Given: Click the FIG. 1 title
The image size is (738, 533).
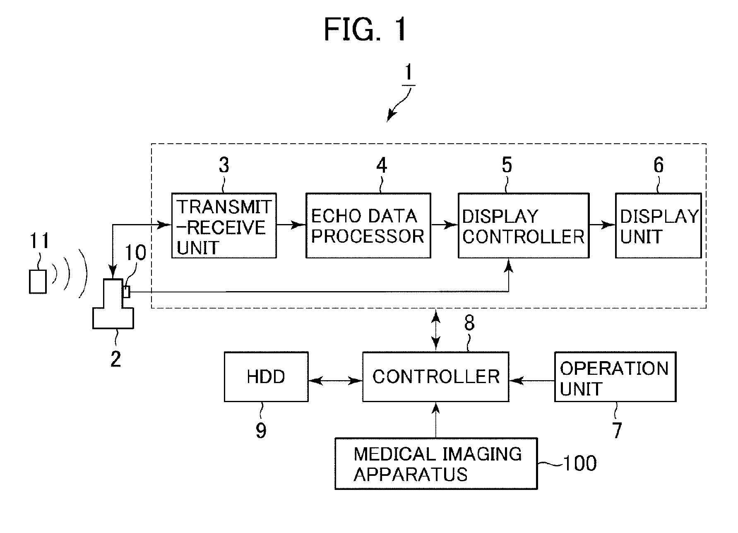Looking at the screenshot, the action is point(365,30).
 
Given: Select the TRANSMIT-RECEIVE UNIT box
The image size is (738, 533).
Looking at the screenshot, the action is point(224,226).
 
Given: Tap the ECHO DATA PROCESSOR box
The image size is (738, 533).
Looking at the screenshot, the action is point(368,226).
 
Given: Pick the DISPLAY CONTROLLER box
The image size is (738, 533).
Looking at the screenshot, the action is point(523,226).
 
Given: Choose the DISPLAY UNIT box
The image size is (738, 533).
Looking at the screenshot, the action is point(658,226).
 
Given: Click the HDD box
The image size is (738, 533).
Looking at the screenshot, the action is point(266,377).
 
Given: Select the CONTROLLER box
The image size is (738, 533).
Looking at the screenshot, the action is point(435,377).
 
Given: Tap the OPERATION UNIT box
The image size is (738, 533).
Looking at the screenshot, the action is point(615,377).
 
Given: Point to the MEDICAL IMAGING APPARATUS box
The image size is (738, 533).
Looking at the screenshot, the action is point(436,464).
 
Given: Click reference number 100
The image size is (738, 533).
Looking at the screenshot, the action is point(580,463).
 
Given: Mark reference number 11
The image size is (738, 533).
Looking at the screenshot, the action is point(39,241).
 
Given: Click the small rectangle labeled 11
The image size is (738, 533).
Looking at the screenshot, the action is point(38,282).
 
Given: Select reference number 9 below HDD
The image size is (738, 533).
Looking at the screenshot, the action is point(261,431).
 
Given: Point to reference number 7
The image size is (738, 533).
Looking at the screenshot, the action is point(617,431).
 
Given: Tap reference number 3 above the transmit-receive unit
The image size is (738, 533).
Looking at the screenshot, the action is point(224,166).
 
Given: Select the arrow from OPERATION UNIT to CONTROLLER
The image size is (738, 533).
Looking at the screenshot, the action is point(532,380).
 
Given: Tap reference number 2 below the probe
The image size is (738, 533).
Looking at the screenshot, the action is point(115,359).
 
